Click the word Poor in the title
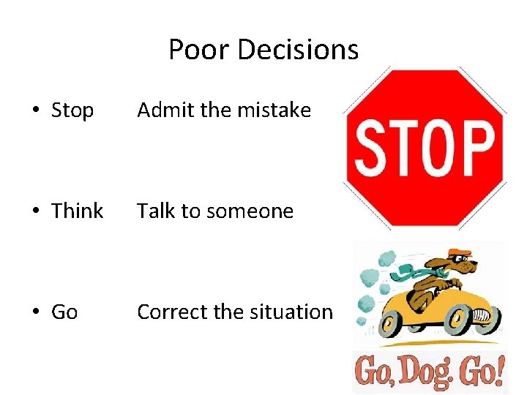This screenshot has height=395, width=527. [193, 50]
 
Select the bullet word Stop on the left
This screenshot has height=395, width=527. [72, 110]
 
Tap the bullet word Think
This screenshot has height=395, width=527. [77, 211]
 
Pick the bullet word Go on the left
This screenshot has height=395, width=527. [64, 312]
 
